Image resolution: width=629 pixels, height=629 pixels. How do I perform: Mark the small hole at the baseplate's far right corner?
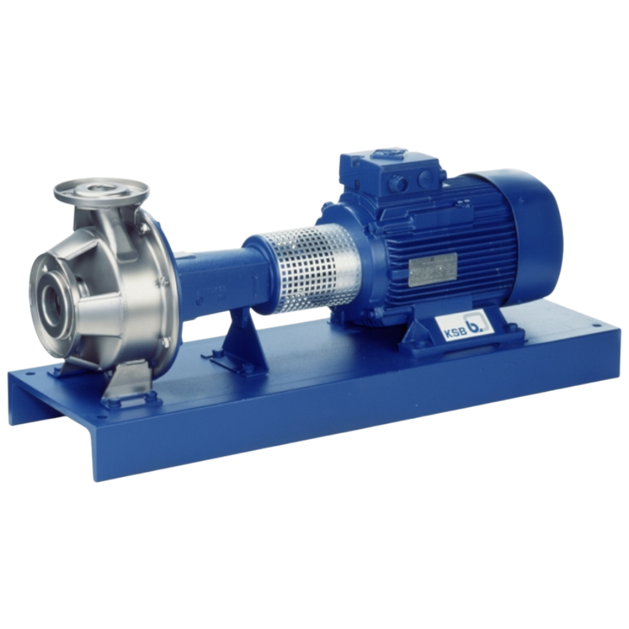(x=594, y=327)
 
